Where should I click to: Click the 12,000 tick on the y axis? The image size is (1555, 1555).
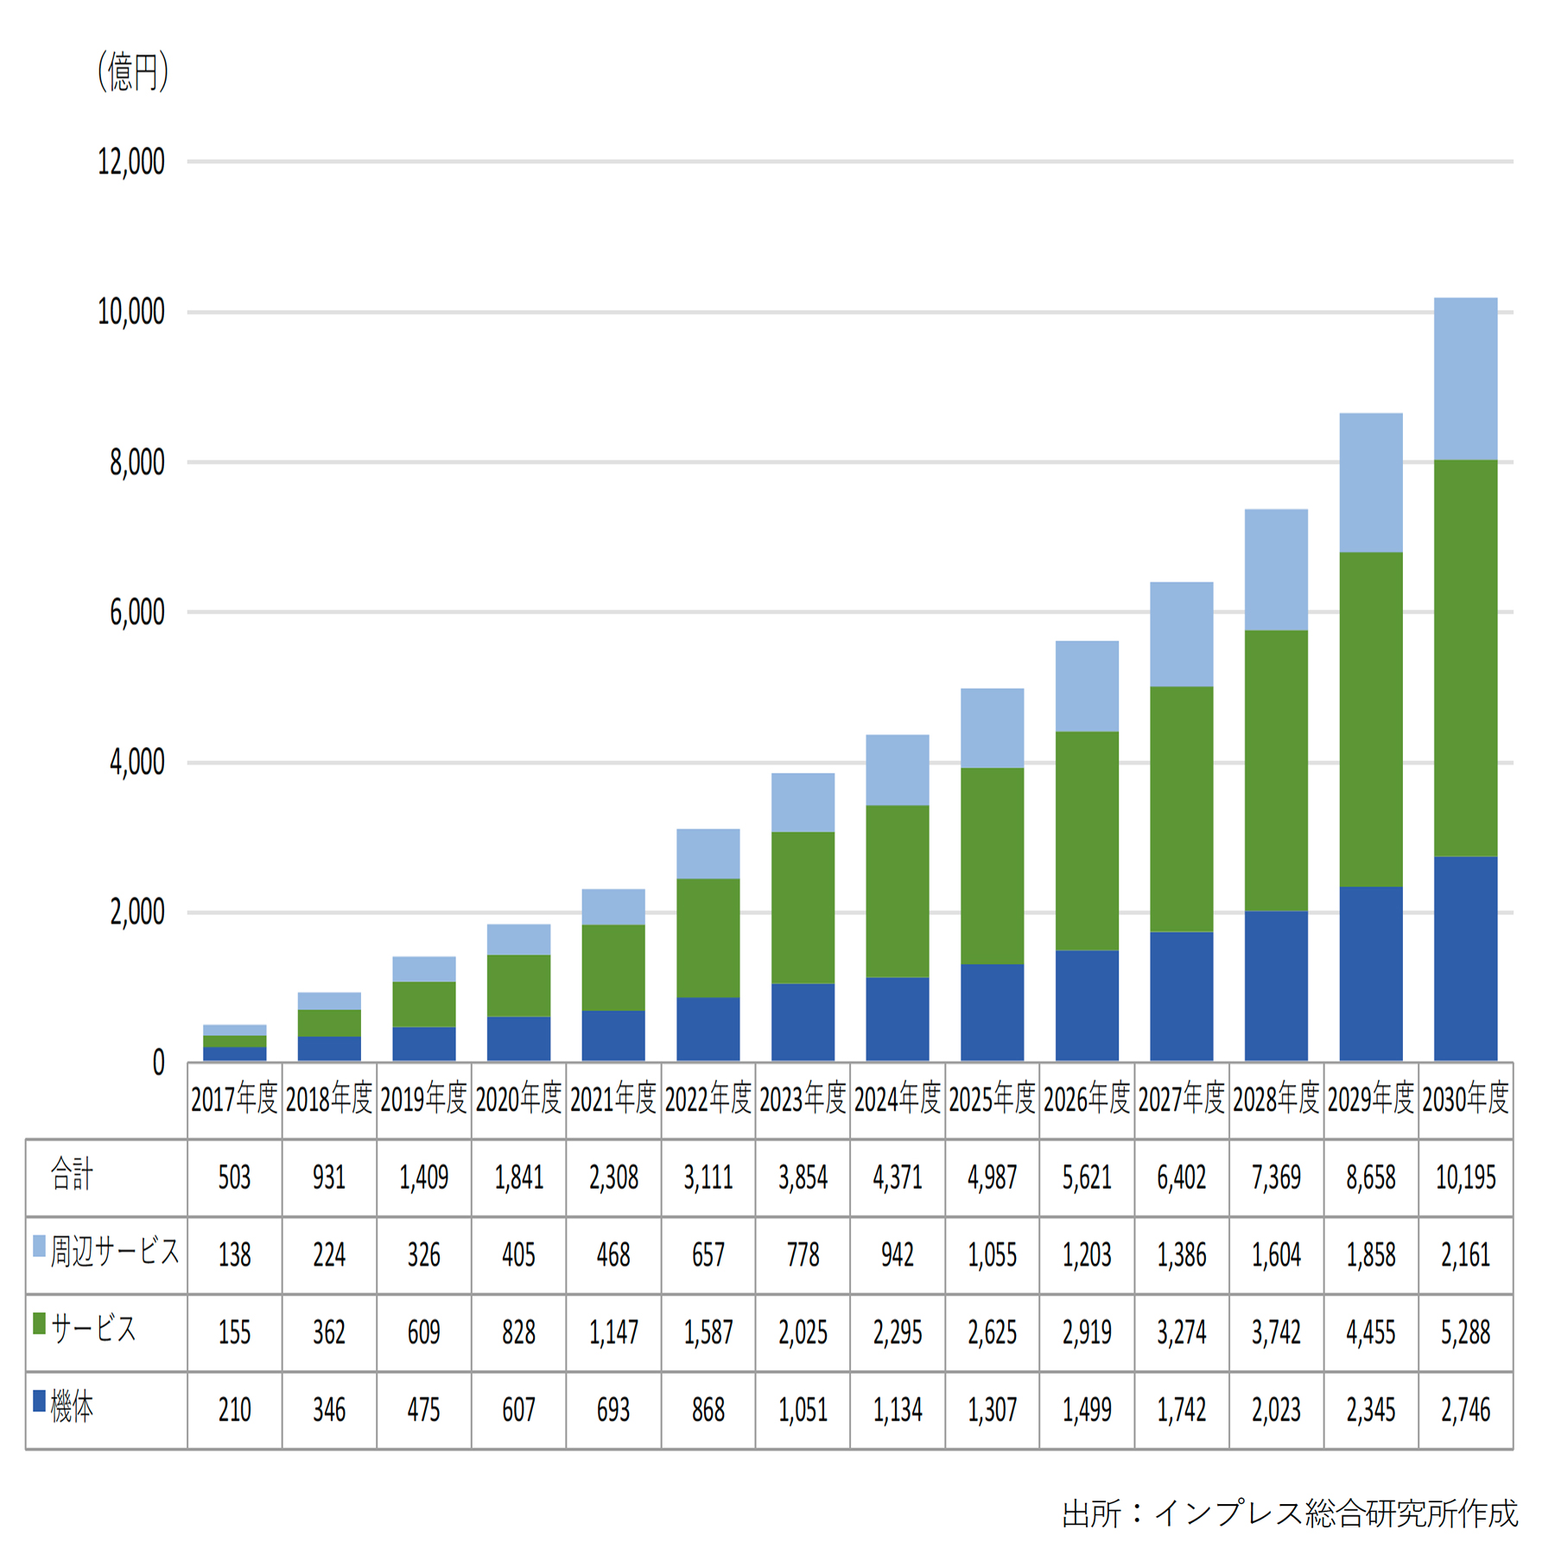tap(130, 162)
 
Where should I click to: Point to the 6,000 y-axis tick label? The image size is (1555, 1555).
tap(136, 612)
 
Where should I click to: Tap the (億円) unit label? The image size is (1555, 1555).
tap(132, 72)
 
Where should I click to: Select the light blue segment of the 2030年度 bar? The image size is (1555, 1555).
tap(1465, 378)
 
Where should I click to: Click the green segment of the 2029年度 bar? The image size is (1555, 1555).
tap(1370, 719)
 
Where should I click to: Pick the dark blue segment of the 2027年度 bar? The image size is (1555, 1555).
tap(1181, 995)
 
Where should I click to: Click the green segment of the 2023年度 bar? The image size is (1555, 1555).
tap(803, 907)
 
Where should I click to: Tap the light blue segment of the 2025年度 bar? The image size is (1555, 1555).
tap(992, 727)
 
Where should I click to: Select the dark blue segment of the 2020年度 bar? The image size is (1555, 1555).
tap(518, 1038)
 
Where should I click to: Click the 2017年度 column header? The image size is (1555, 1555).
tap(234, 1099)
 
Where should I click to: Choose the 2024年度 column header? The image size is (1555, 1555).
tap(897, 1099)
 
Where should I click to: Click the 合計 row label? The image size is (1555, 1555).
tap(72, 1175)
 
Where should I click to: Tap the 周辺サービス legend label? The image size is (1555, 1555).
tap(115, 1252)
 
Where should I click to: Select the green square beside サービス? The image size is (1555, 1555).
tap(39, 1323)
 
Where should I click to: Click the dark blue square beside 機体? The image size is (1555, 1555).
tap(39, 1400)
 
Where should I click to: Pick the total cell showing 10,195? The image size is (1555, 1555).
tap(1465, 1177)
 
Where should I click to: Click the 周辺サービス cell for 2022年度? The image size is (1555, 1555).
tap(708, 1254)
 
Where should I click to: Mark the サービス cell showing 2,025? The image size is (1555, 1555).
tap(803, 1332)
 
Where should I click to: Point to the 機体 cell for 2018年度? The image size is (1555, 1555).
tap(328, 1410)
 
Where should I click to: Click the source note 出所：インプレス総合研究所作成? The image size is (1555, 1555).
tap(1289, 1513)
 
